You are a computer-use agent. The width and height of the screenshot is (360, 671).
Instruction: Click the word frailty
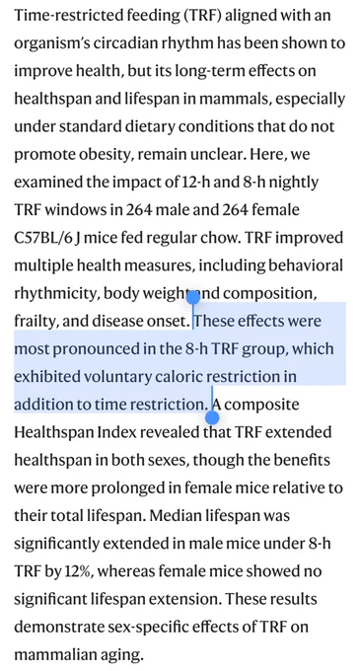[x=36, y=322]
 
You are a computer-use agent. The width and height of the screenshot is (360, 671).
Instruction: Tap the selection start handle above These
[x=193, y=297]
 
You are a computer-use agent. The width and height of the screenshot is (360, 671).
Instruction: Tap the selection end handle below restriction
[x=212, y=417]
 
